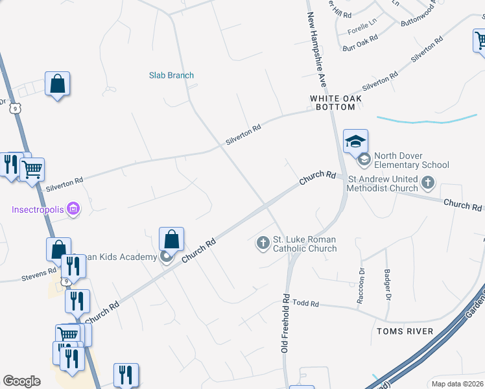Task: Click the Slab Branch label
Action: tap(171, 75)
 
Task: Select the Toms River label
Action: tap(405, 331)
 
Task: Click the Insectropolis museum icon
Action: tap(73, 209)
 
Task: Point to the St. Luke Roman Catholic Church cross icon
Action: tap(263, 243)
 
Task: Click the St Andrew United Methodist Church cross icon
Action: tap(427, 183)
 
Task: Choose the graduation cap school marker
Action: tap(355, 141)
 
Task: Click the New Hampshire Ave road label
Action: tap(316, 50)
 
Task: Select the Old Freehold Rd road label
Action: tap(285, 323)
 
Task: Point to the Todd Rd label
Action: tap(306, 303)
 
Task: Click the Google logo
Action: tap(21, 381)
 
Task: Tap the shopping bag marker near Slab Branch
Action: tap(57, 84)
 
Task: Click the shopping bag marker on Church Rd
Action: tap(171, 239)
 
